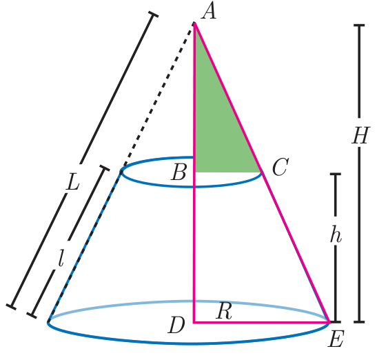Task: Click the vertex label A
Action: click(x=209, y=12)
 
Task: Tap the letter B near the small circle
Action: click(x=179, y=173)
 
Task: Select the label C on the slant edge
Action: click(x=281, y=167)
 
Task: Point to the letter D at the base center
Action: click(x=176, y=325)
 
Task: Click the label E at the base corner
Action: click(x=336, y=339)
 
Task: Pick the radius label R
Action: click(x=224, y=310)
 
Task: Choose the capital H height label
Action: click(x=360, y=136)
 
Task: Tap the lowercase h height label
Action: click(x=336, y=234)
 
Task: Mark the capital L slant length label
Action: click(x=72, y=181)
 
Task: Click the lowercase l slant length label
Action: click(x=61, y=258)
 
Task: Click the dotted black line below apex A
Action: click(x=157, y=97)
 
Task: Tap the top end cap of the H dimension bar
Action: click(x=359, y=25)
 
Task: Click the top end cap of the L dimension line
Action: click(x=153, y=14)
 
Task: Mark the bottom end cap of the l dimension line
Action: click(x=32, y=315)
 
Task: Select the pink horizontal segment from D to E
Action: click(x=261, y=322)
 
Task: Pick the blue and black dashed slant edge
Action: click(x=85, y=246)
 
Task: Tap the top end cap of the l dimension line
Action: click(x=105, y=168)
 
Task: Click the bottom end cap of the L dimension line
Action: click(x=11, y=307)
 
